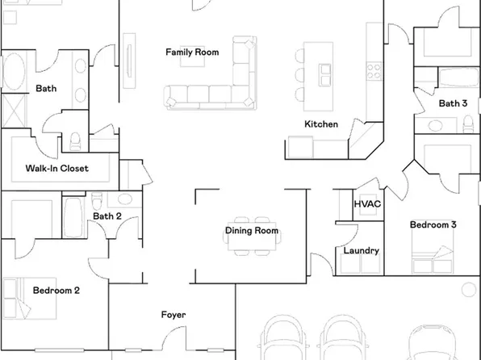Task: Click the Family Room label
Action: (x=192, y=52)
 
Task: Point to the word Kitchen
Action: (x=320, y=124)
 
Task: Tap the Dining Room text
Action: (x=251, y=231)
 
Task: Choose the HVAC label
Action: (x=367, y=204)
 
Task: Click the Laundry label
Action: (x=361, y=251)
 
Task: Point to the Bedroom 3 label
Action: (x=433, y=224)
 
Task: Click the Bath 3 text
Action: (x=453, y=103)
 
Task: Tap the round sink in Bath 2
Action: (x=124, y=199)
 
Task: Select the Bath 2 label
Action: (x=107, y=216)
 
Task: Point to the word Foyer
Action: (x=173, y=315)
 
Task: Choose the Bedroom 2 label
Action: (x=56, y=290)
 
